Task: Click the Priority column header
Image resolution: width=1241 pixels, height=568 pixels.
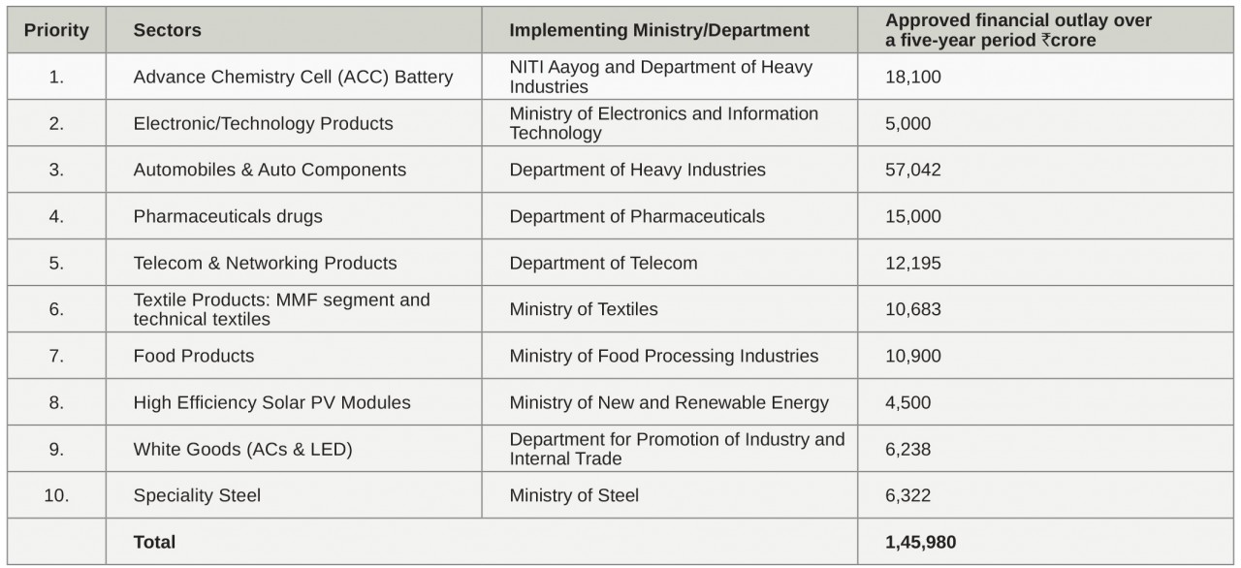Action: click(56, 30)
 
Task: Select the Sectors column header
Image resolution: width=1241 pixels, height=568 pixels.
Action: click(168, 30)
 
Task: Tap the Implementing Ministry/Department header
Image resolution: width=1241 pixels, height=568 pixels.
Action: click(659, 30)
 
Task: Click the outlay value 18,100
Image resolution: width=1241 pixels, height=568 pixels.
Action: click(913, 77)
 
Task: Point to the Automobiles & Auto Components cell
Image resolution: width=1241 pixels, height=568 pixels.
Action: click(270, 170)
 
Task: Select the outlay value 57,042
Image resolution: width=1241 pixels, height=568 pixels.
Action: click(913, 170)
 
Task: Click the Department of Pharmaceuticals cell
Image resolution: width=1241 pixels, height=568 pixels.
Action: click(637, 216)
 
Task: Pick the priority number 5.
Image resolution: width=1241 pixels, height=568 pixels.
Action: click(56, 263)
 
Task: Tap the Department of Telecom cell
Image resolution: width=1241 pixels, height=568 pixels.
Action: click(603, 263)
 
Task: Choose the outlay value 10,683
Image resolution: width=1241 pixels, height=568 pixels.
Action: click(913, 309)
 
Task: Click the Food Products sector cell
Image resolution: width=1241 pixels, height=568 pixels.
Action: click(194, 356)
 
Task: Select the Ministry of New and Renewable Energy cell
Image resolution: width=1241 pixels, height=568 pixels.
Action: click(669, 402)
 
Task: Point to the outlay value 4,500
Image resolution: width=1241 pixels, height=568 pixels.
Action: click(908, 402)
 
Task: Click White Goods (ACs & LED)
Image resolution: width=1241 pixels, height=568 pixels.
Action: click(243, 449)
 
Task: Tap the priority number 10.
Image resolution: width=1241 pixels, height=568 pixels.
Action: click(56, 495)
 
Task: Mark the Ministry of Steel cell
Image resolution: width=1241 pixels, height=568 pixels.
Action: click(574, 495)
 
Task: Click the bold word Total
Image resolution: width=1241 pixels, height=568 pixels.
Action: click(154, 542)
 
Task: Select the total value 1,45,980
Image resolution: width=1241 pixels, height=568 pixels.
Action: click(921, 542)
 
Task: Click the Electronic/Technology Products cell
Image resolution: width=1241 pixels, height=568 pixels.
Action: click(263, 123)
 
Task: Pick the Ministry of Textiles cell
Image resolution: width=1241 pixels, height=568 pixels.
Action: click(584, 309)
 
